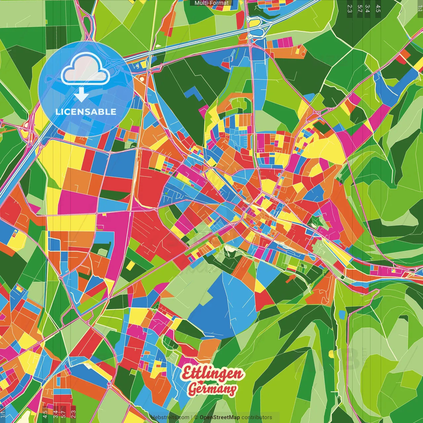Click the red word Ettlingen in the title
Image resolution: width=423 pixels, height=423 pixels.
(213, 374)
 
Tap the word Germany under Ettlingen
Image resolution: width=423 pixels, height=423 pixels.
(212, 389)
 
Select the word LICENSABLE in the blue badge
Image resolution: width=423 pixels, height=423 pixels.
(86, 112)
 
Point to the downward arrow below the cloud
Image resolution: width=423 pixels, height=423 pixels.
(81, 95)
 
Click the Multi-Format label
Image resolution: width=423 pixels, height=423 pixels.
(211, 3)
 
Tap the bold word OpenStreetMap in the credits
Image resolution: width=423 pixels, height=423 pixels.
(220, 417)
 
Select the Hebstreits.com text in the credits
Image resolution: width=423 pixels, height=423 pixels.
(170, 417)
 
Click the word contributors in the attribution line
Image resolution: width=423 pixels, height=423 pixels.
(257, 417)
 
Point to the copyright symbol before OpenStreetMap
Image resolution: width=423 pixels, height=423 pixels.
(196, 417)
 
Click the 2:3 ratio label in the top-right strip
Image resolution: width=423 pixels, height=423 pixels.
(350, 9)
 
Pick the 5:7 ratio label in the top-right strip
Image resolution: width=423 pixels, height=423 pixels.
(360, 9)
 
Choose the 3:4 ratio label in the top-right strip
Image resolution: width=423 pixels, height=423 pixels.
(367, 9)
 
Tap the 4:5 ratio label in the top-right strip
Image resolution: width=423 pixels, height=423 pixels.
(378, 9)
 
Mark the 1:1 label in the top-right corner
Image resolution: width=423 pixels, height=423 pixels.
(420, 7)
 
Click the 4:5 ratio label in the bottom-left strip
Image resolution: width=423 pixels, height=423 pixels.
(45, 414)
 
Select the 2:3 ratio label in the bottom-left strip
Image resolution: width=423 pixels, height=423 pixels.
(73, 414)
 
